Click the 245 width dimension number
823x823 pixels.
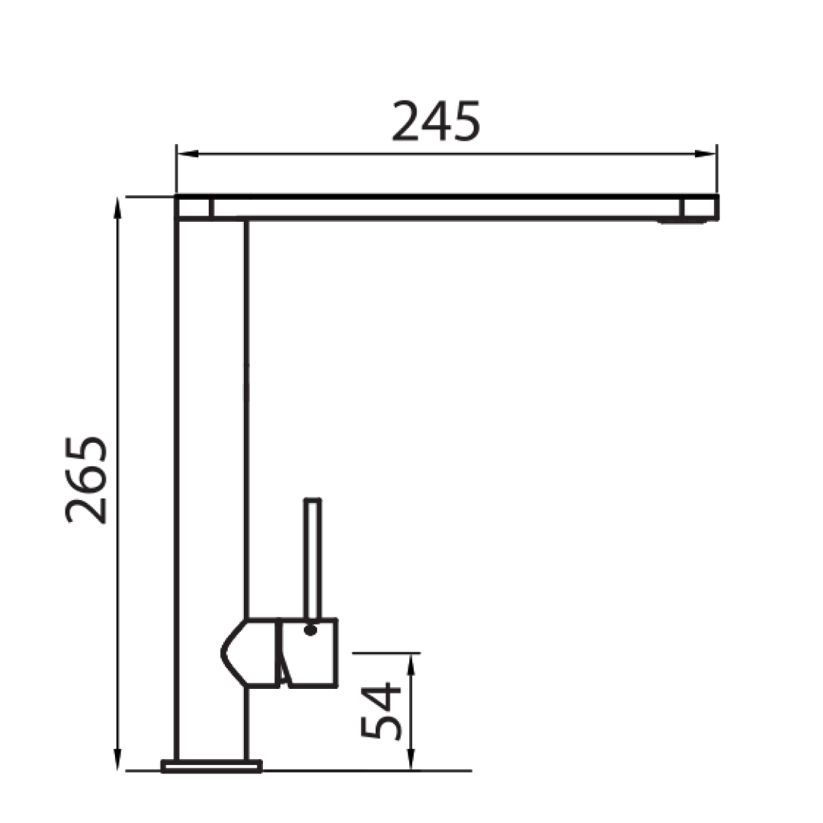point(436,122)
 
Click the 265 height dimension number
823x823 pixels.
point(86,480)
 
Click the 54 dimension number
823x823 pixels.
point(380,712)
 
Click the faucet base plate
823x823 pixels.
point(211,766)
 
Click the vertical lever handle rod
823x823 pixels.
point(312,556)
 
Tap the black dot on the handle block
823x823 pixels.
point(310,630)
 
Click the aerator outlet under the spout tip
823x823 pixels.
point(682,222)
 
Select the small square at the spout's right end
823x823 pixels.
point(699,208)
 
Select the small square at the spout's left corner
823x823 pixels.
point(194,208)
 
